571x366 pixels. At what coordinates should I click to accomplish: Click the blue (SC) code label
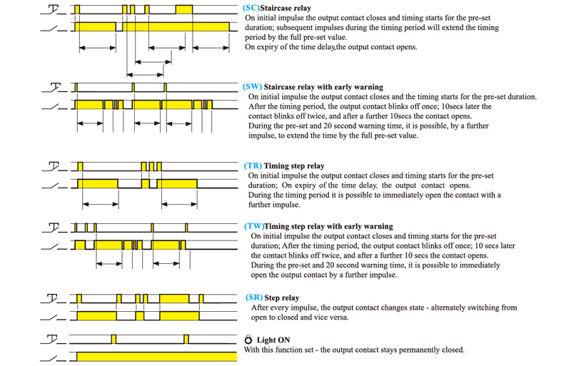251,7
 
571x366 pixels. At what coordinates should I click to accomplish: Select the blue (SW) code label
253,87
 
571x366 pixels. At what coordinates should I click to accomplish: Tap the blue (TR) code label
253,166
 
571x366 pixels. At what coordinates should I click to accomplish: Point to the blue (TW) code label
254,227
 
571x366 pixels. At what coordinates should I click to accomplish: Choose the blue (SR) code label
253,298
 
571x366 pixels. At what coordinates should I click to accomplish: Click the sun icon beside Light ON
248,340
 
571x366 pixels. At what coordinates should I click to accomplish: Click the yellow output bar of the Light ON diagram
157,355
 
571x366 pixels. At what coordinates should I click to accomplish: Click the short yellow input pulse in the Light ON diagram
115,337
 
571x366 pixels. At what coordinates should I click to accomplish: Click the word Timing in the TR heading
279,166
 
